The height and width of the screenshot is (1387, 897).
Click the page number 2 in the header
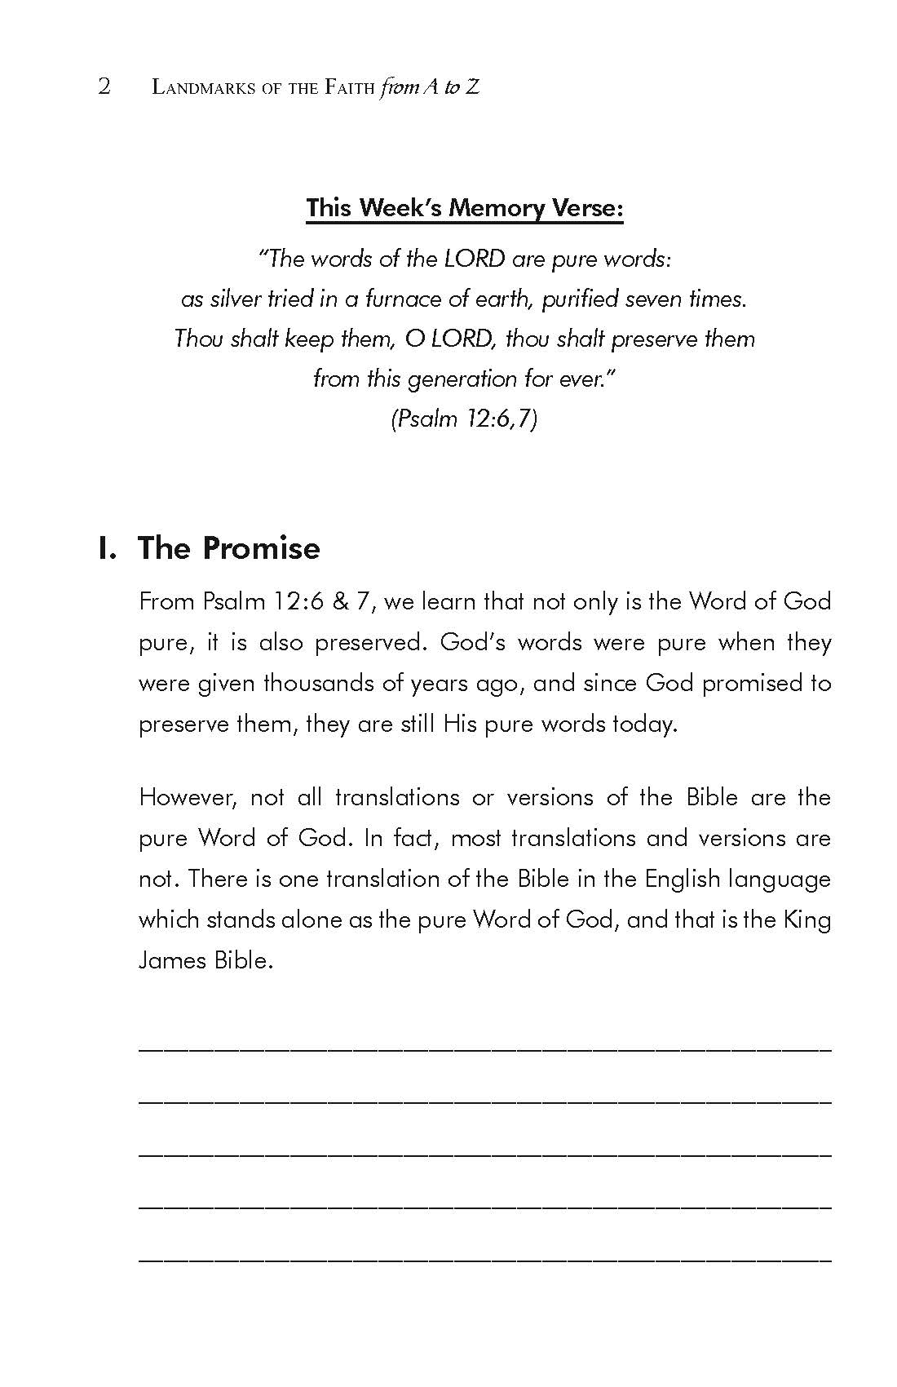(104, 86)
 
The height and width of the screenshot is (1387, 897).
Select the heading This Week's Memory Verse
(465, 208)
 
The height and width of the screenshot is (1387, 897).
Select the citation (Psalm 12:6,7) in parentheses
(464, 419)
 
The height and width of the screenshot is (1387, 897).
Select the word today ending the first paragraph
(645, 724)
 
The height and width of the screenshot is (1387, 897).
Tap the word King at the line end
(806, 919)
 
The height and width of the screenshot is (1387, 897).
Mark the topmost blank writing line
(485, 1048)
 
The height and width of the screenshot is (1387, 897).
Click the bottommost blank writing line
(485, 1260)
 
